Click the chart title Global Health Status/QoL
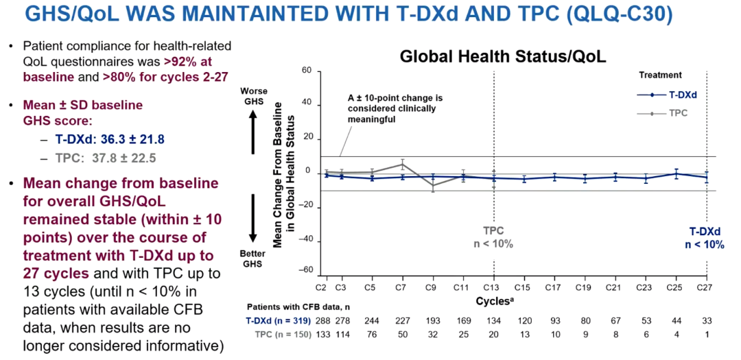tap(503, 56)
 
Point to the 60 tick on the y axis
tap(307, 71)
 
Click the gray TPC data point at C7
tap(403, 163)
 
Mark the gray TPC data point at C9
tap(432, 185)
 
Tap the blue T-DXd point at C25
tap(676, 173)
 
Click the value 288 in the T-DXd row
tap(325, 320)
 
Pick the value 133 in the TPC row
tap(325, 334)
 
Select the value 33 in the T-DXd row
tap(706, 320)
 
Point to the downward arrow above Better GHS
tap(253, 219)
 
